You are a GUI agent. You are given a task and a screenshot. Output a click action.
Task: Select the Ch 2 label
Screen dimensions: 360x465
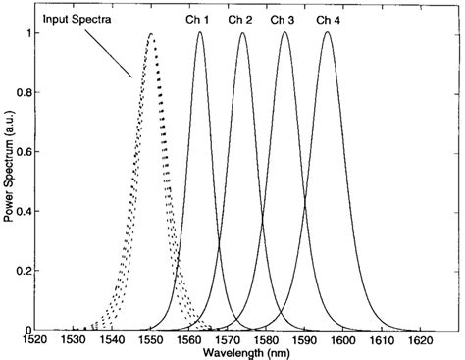(240, 19)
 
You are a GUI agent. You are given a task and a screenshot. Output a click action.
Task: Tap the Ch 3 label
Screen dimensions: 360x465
(283, 19)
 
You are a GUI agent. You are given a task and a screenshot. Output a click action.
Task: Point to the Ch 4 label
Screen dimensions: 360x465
(328, 19)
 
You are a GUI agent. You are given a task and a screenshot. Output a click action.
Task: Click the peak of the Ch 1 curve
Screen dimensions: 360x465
(199, 33)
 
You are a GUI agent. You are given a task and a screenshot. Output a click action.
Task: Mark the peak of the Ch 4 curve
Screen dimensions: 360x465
(328, 33)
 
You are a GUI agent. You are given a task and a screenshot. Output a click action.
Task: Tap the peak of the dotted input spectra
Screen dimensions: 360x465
(150, 34)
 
